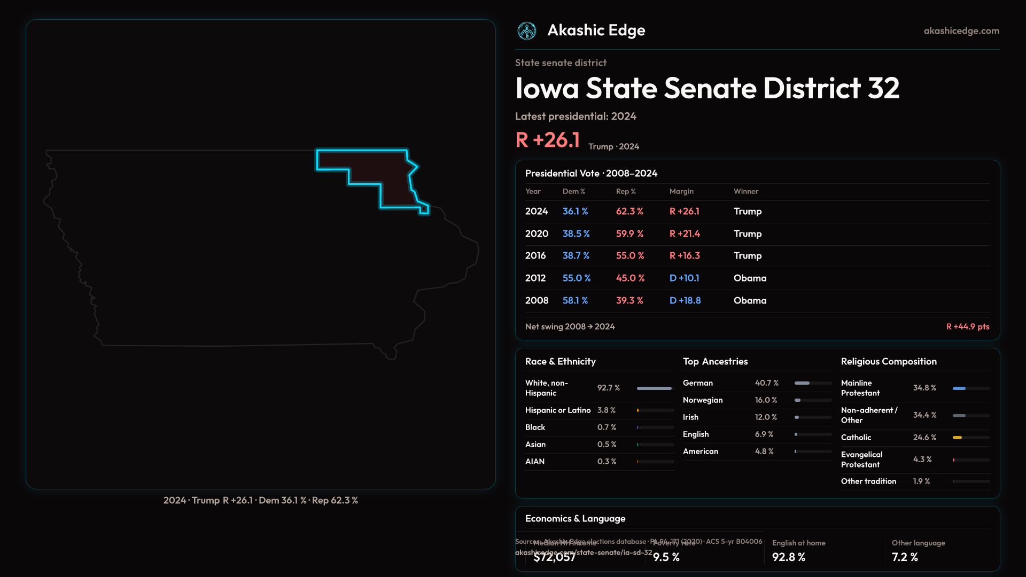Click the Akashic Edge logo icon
pos(527,31)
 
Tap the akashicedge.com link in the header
pos(961,31)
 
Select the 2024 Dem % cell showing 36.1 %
pos(575,212)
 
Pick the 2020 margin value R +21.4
pos(685,234)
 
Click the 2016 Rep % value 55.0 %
pos(630,256)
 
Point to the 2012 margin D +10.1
pos(684,278)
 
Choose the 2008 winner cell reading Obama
pos(750,301)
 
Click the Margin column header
pos(681,191)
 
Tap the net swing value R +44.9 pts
pos(967,326)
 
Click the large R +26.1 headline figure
pos(548,140)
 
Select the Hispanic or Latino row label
pos(558,410)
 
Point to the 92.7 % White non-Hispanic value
pos(609,388)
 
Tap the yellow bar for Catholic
pos(957,438)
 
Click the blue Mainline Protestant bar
pos(959,388)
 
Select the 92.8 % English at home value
pos(788,557)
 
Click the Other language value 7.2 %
pos(905,557)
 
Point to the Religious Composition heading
pos(889,362)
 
